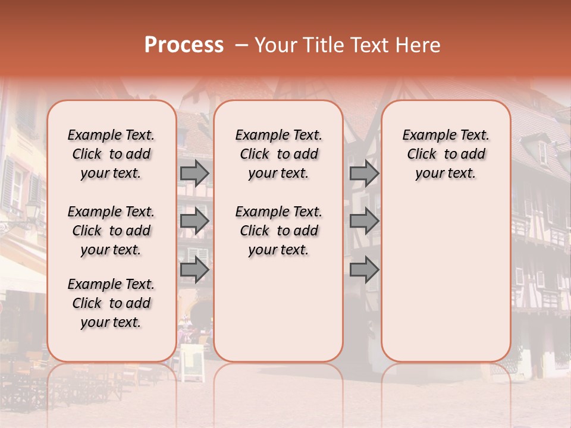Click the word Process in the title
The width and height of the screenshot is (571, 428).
[x=184, y=45]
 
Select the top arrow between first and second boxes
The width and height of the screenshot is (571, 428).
[x=194, y=173]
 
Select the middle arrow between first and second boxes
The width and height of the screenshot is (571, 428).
[x=194, y=221]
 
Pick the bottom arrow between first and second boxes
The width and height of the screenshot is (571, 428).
[x=194, y=270]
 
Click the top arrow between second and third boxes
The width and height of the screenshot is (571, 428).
[x=364, y=173]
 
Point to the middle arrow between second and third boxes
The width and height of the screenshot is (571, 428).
[x=364, y=221]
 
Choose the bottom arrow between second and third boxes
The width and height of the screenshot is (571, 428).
[x=364, y=270]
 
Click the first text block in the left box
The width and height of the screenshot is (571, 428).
[x=111, y=154]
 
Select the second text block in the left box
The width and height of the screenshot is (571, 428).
[x=111, y=231]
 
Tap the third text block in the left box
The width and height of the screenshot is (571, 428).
[x=111, y=303]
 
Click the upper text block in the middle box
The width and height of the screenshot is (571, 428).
[x=278, y=154]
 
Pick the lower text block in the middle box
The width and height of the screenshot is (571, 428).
[x=278, y=231]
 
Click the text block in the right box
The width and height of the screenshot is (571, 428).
[x=445, y=154]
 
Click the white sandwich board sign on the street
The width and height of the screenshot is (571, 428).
[x=192, y=362]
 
